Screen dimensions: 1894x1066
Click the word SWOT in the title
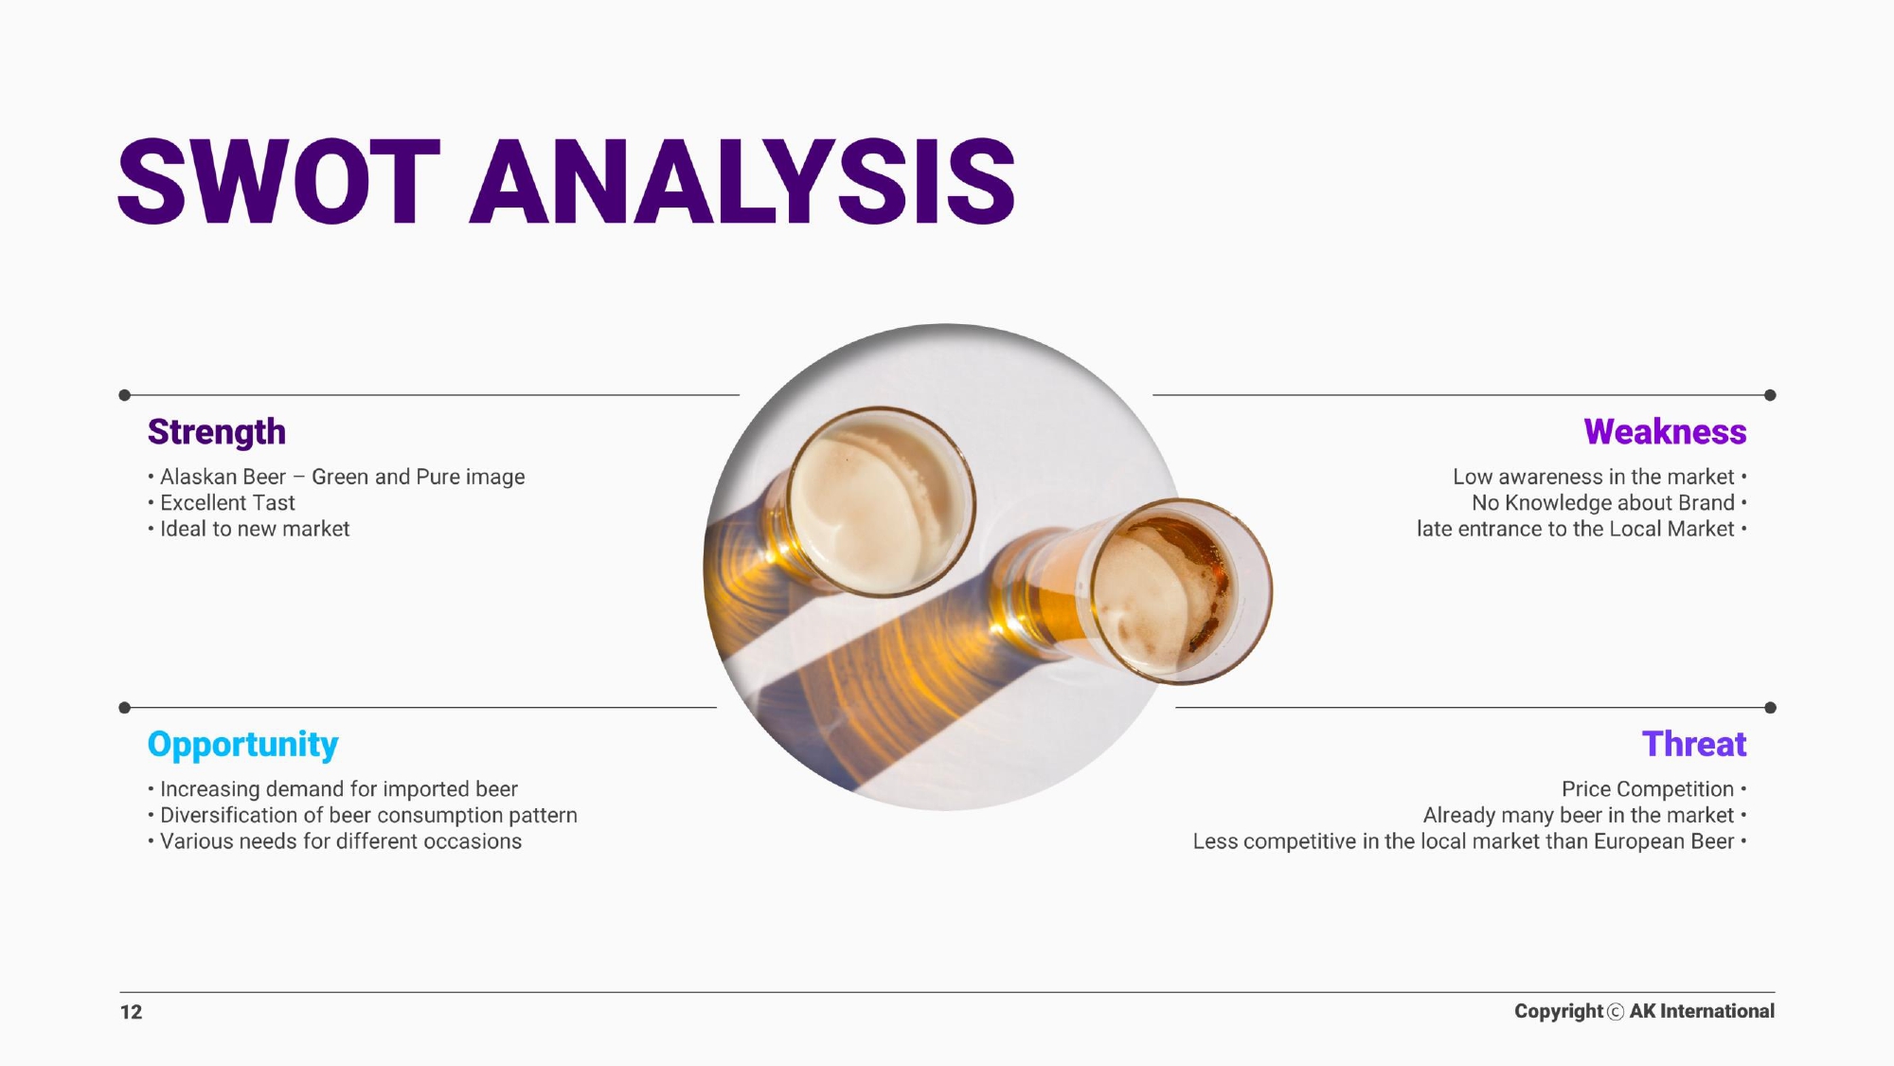[x=279, y=181]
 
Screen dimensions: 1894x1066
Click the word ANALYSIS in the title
[x=743, y=181]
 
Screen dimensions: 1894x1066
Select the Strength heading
[x=217, y=433]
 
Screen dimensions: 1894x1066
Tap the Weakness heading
[x=1665, y=432]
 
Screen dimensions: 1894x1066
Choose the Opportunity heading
[x=243, y=746]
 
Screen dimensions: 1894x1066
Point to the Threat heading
[x=1694, y=745]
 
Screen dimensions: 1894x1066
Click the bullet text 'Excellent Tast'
[x=227, y=503]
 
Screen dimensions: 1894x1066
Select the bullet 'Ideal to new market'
[x=255, y=529]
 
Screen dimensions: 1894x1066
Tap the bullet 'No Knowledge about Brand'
[x=1603, y=503]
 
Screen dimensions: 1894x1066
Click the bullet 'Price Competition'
[x=1648, y=789]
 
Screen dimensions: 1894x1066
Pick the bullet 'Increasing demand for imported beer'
[x=339, y=789]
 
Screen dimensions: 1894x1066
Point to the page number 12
[x=131, y=1012]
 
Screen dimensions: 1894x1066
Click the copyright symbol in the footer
[x=1616, y=1012]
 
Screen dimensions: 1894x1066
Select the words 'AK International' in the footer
[x=1702, y=1011]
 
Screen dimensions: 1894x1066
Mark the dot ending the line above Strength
[x=124, y=395]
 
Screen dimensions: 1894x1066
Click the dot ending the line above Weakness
[x=1770, y=395]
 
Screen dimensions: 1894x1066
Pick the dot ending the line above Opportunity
[x=124, y=708]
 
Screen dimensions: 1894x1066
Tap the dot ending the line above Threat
[x=1770, y=708]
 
